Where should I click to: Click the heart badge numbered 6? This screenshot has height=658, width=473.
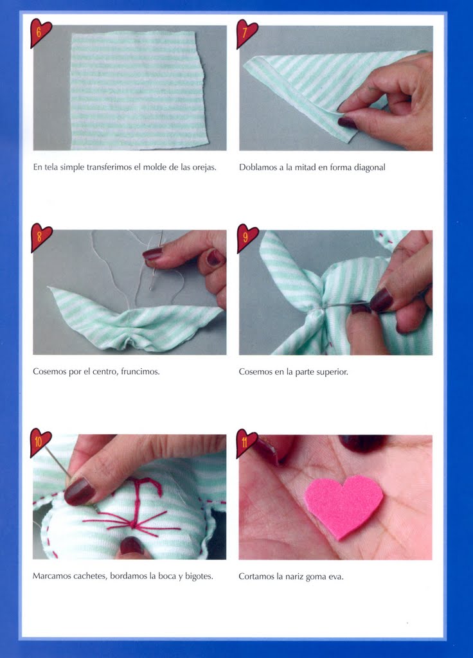tap(40, 32)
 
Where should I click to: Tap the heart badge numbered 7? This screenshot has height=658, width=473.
tap(246, 33)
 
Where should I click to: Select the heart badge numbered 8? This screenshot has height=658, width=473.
tap(40, 237)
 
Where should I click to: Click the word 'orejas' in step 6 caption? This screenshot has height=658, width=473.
tap(204, 168)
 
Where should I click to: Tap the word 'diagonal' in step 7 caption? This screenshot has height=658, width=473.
tap(370, 168)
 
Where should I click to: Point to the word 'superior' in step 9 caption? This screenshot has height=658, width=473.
tap(334, 372)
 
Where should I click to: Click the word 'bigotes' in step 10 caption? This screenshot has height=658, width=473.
tap(199, 576)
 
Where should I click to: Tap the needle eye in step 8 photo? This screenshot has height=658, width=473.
tap(152, 287)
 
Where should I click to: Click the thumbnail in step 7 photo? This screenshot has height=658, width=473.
tap(348, 123)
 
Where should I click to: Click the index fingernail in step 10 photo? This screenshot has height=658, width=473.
tap(79, 491)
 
